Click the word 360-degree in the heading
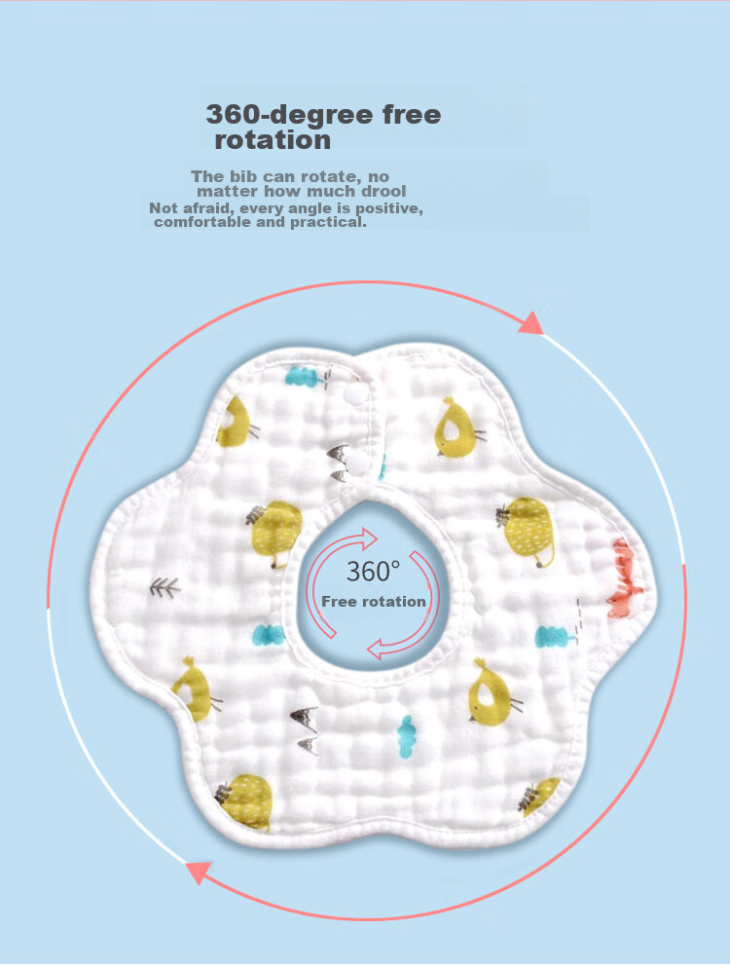coord(289,115)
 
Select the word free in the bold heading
coord(412,114)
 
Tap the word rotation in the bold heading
coord(273,140)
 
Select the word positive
coord(388,208)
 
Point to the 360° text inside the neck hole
coord(373,572)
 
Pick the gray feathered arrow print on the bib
coord(164,588)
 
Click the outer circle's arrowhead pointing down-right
coord(531,323)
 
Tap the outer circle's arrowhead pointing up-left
coord(199,873)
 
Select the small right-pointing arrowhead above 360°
coord(370,539)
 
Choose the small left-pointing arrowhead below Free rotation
coord(375,649)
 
